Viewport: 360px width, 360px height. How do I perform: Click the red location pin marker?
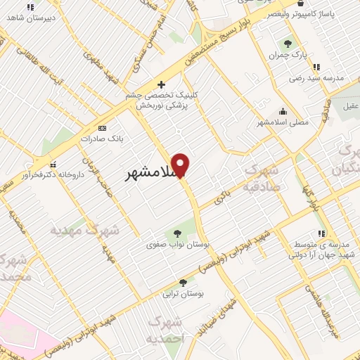click(181, 165)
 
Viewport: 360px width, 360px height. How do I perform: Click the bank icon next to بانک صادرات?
click(103, 128)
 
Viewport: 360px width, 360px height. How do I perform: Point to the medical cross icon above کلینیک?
click(162, 84)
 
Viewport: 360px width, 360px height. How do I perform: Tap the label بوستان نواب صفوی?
click(171, 245)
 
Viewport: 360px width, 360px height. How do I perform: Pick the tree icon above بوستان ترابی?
click(184, 283)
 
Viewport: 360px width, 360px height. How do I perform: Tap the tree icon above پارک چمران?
click(286, 43)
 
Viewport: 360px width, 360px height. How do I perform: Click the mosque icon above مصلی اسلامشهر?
click(283, 110)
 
